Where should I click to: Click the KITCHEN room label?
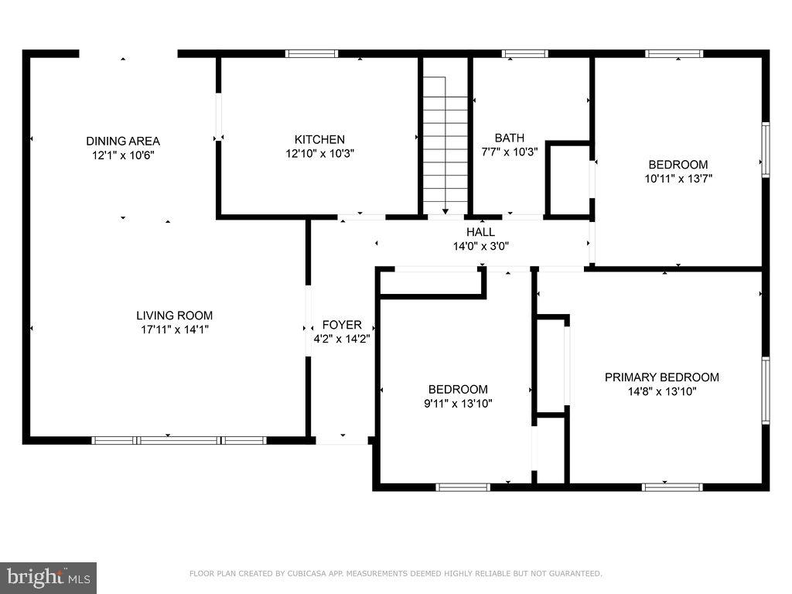pos(319,139)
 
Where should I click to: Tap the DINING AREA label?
pos(123,141)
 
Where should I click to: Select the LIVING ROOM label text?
pos(174,316)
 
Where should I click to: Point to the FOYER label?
pos(342,325)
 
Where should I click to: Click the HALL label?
pos(480,232)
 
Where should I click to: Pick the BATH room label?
pos(509,138)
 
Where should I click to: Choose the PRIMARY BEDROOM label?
pos(662,377)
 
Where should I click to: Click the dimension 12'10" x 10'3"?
pos(319,153)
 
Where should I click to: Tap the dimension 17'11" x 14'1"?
pos(174,329)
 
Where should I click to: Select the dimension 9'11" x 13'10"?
pos(458,403)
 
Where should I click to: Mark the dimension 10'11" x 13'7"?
pos(678,179)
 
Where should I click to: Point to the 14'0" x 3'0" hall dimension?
pos(480,246)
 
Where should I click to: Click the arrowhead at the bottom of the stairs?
pos(445,212)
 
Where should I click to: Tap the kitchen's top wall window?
pos(311,53)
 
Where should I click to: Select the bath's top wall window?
pos(525,53)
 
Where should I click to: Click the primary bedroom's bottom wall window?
pos(672,487)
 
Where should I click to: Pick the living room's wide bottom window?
pos(179,440)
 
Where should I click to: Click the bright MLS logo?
pos(48,578)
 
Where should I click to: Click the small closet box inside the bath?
pos(568,180)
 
